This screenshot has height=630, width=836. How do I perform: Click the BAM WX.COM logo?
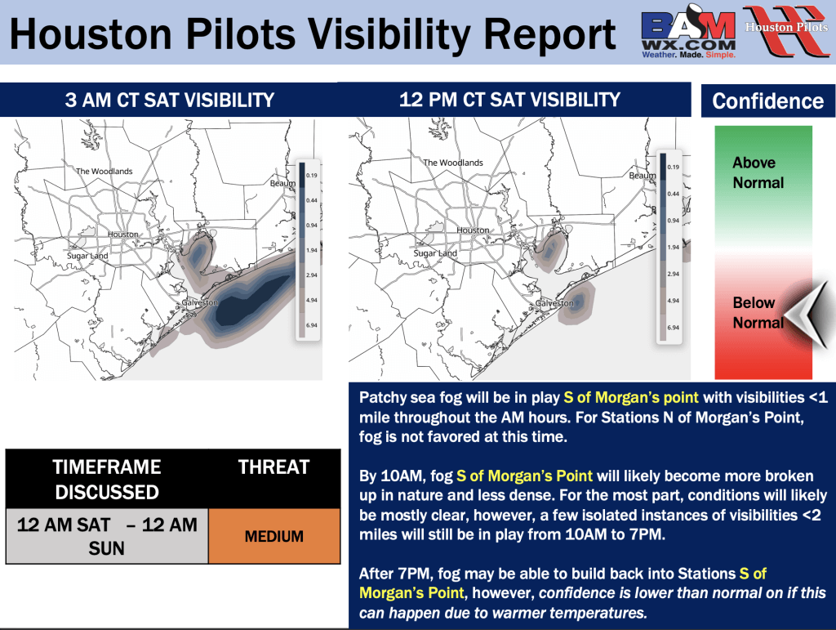pos(688,34)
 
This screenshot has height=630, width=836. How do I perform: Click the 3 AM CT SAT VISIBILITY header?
pos(169,101)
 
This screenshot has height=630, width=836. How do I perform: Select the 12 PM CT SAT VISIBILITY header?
pos(509,100)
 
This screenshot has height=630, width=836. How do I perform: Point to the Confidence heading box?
pos(767,101)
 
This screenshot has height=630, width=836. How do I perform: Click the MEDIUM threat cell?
pos(274,537)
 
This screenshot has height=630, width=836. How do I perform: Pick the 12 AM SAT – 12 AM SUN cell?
pos(107,536)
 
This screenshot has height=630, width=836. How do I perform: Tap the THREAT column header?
pos(273,467)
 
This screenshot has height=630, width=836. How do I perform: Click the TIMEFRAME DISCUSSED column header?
pos(107,479)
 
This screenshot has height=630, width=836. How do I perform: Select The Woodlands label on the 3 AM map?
pos(104,172)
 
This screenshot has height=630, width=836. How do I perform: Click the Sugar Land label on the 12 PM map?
pos(435,253)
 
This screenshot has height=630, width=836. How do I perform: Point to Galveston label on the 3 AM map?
pos(199,302)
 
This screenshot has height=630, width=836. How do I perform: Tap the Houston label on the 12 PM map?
pos(473,230)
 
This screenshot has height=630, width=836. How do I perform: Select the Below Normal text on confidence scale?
pos(758,313)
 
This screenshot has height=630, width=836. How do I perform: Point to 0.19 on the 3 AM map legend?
pos(309,175)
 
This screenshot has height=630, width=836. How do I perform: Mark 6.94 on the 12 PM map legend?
pos(674,328)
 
